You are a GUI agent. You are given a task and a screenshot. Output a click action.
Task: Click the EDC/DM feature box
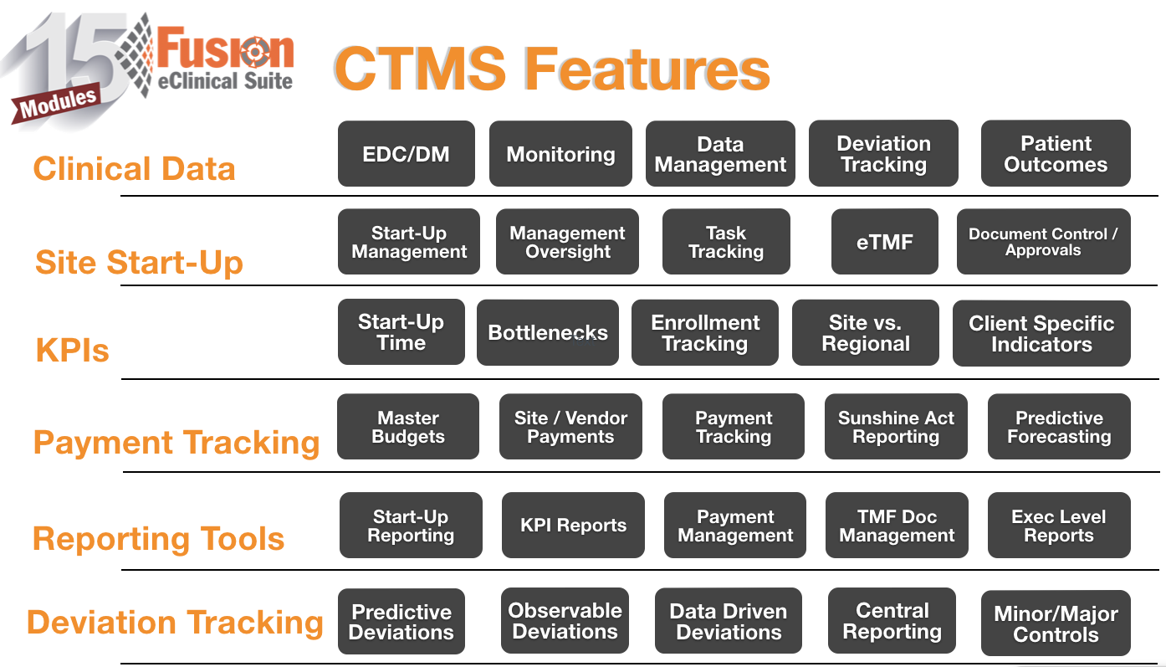coord(406,154)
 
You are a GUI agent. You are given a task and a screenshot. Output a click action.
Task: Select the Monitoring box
coord(560,154)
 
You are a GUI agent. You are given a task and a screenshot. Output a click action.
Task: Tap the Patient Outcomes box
coord(1056,153)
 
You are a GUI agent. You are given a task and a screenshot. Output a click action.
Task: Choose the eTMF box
coord(884,242)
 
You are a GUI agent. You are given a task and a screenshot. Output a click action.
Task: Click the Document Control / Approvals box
coord(1043,242)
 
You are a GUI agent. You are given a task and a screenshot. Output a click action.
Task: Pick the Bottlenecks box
coord(548,332)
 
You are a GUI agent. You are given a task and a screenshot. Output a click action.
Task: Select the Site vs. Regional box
coord(865,332)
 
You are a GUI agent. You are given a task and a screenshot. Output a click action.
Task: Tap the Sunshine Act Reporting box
coord(896,427)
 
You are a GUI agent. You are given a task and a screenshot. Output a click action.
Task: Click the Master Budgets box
coord(408,427)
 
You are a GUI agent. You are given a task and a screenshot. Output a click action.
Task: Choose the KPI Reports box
coord(573,525)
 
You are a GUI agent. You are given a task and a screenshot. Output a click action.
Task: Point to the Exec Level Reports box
coord(1059,525)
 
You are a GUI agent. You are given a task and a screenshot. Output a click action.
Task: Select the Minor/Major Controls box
coord(1056,623)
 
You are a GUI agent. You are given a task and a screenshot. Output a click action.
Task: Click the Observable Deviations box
coord(565,621)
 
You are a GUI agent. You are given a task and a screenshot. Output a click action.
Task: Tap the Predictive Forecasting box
coord(1059,427)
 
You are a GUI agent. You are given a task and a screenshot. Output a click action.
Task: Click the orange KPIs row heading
coord(73,349)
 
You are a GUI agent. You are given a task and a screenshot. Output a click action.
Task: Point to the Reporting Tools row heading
coord(158,538)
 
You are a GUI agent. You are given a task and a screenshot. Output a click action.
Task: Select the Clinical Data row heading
coord(135,168)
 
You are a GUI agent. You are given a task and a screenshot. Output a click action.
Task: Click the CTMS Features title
coord(552,69)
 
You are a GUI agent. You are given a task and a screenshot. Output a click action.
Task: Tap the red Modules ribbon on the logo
coord(56,103)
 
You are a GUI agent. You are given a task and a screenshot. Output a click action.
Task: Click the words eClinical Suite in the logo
coord(225,81)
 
